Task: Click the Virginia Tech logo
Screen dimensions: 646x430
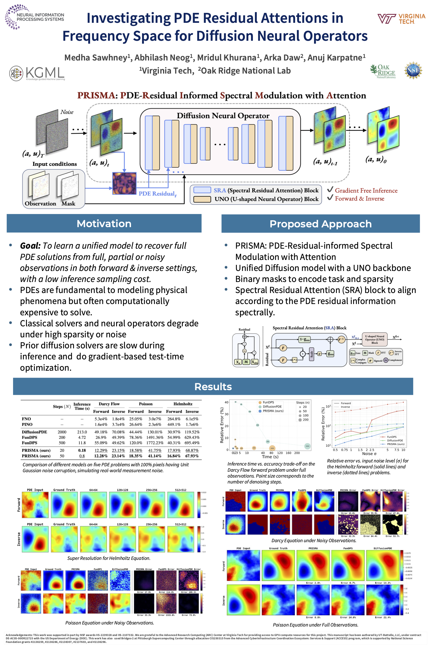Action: tap(401, 19)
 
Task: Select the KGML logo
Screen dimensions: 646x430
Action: tap(37, 73)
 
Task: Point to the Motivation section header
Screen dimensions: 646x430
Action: tap(104, 224)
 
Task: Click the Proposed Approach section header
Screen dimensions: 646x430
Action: tap(320, 224)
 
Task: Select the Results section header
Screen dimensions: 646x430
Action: tap(213, 387)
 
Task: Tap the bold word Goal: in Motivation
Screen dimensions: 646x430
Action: tap(30, 246)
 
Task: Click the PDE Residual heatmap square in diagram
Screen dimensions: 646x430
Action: tap(124, 183)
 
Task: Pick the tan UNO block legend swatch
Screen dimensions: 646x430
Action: tap(202, 199)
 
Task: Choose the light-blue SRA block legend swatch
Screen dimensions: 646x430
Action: tap(202, 190)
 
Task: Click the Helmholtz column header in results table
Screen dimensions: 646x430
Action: tap(183, 404)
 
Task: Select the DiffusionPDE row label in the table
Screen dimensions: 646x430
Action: tap(34, 432)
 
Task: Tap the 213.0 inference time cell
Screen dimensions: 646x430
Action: tap(82, 432)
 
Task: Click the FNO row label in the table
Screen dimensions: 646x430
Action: tap(26, 419)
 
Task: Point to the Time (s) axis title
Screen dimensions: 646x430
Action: tap(270, 457)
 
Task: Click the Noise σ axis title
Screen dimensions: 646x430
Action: tap(369, 453)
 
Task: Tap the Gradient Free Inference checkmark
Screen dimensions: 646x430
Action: tap(330, 189)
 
